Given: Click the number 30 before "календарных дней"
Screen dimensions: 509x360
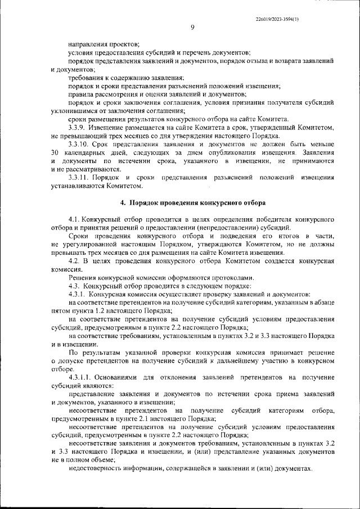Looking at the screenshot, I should click(x=55, y=152).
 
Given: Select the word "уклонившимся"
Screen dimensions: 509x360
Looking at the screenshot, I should click(x=72, y=111).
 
